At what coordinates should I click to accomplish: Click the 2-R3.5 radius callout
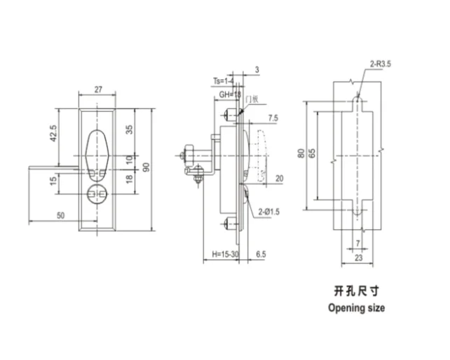(x=381, y=64)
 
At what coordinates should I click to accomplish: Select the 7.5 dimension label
(x=272, y=118)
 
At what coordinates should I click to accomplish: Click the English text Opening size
(x=356, y=307)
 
